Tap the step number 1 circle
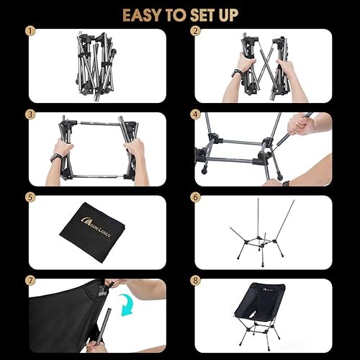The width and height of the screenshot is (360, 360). tap(30, 32)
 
